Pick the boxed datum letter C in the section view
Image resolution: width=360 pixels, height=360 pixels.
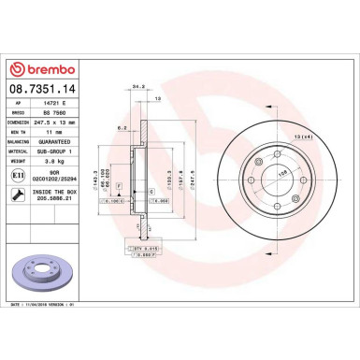click(x=151, y=191)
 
